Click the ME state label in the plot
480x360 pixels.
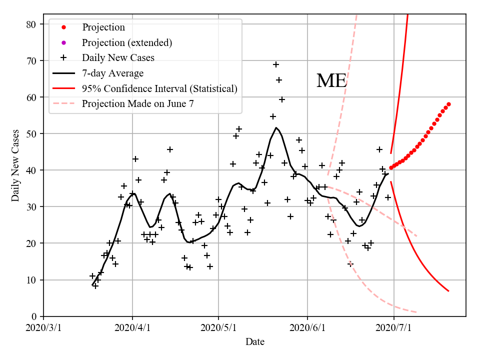click(331, 80)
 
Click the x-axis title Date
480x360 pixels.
click(254, 342)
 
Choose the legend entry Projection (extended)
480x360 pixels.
click(127, 42)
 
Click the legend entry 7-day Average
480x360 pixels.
click(112, 73)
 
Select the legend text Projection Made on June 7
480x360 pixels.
click(138, 104)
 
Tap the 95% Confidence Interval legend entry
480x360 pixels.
click(159, 88)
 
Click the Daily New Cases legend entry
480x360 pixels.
click(118, 58)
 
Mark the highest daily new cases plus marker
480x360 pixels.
click(276, 64)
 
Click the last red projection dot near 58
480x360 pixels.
click(448, 104)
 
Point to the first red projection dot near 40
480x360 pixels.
click(391, 168)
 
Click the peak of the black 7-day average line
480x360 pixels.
click(276, 127)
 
